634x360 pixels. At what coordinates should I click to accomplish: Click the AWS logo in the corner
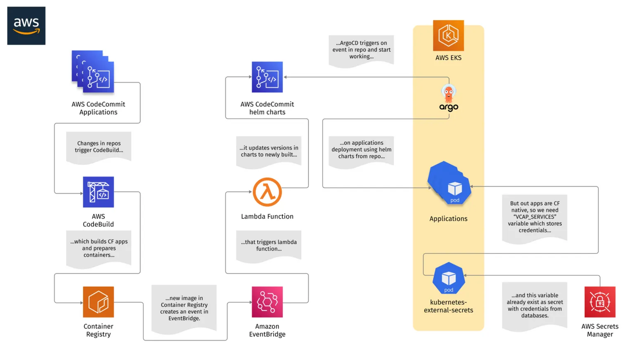coord(26,26)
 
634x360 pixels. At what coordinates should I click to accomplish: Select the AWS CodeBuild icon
coord(98,192)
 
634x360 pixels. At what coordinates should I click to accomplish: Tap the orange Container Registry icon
coord(98,302)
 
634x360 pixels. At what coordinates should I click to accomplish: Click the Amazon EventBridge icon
coord(267,302)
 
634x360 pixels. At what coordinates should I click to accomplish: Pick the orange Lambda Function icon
coord(267,192)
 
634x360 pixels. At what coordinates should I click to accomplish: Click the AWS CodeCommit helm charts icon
coord(267,77)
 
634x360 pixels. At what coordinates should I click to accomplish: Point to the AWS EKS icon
coord(448,36)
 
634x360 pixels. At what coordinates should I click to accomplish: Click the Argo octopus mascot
coord(448,94)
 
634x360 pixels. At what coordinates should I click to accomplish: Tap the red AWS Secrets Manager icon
coord(600,302)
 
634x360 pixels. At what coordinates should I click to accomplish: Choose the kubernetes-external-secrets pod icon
coord(449,278)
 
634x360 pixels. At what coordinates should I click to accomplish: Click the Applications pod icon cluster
coord(449,183)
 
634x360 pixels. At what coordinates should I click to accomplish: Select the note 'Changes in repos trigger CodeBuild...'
coord(99,147)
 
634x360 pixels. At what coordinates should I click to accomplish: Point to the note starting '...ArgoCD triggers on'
coord(361,50)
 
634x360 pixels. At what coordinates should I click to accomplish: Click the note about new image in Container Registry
coord(184,308)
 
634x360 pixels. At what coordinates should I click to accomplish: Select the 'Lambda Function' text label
coord(267,216)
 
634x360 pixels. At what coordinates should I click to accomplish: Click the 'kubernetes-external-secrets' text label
coord(448,306)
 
